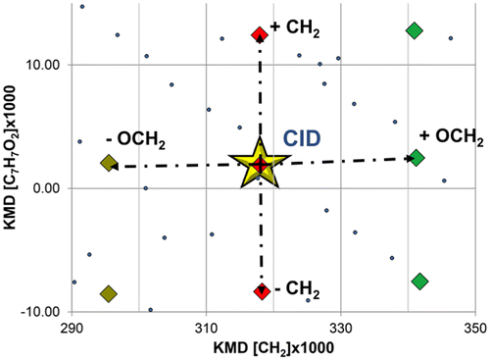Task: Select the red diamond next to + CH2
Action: tap(260, 35)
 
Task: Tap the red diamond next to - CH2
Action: tap(261, 290)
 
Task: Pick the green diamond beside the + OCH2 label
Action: tap(416, 157)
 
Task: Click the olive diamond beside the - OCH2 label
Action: tap(109, 163)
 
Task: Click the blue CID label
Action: tap(312, 137)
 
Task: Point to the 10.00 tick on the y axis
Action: tap(46, 65)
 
